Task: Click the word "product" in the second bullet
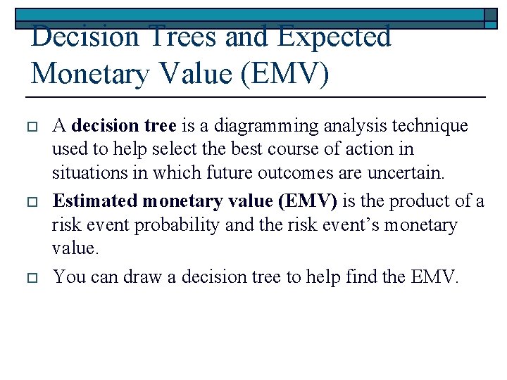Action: tap(426, 201)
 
